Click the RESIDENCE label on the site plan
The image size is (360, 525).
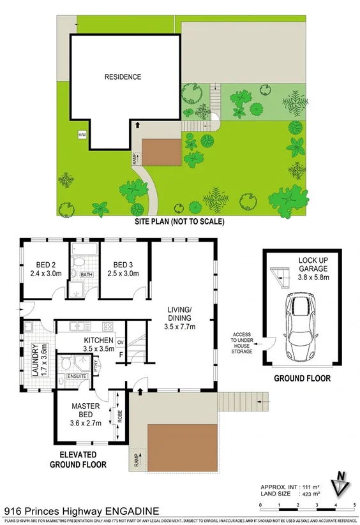tap(123, 77)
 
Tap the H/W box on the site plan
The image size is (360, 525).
tap(82, 135)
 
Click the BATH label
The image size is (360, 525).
tap(87, 276)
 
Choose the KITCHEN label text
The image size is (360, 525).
tap(99, 341)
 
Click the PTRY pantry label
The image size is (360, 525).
tap(95, 367)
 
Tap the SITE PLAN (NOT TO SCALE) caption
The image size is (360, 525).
tap(179, 222)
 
